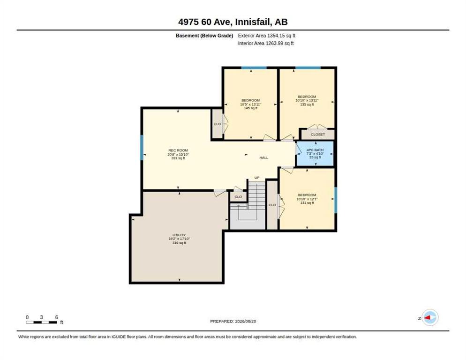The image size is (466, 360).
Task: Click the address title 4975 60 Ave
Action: coord(206,22)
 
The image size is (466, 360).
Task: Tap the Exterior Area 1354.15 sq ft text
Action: coord(267,36)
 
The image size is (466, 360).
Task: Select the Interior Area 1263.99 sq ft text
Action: coord(266,44)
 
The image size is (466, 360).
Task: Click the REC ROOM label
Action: coord(178,150)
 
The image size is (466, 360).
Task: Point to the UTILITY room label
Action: coord(179,235)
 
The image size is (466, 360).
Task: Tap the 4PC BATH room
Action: coord(315,154)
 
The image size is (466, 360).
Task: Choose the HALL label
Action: coord(264,158)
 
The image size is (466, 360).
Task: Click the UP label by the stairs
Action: coord(257,178)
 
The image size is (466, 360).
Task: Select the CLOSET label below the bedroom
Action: coord(318,135)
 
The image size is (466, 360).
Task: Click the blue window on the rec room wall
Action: coord(142,148)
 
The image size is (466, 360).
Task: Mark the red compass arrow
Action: coord(427,318)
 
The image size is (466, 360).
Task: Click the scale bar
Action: coord(42,322)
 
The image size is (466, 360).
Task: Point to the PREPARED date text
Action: coord(233,322)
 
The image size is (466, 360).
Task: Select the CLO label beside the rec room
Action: coord(217,124)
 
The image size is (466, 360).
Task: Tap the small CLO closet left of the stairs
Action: coord(238,197)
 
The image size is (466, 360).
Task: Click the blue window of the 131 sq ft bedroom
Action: coord(336,200)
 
